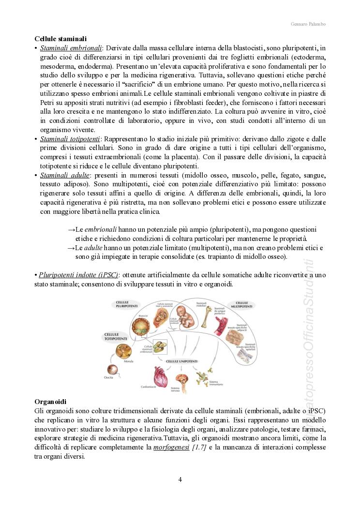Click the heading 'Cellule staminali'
coord(60,38)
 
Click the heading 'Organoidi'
coord(50,402)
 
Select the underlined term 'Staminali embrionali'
coord(71,48)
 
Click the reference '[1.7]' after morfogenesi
coord(199,447)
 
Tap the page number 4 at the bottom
coord(180,480)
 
